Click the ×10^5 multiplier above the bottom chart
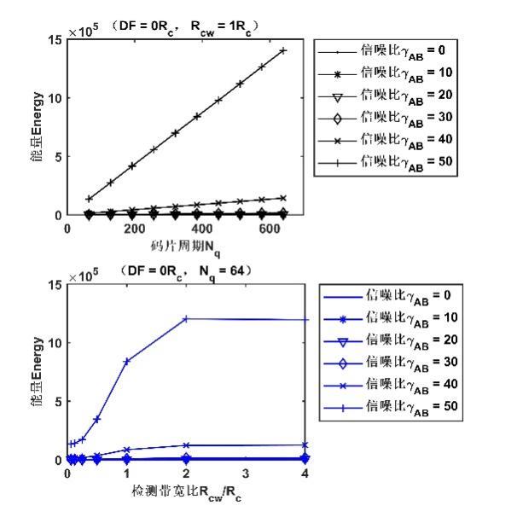84,273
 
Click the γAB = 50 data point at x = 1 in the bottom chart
127,361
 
